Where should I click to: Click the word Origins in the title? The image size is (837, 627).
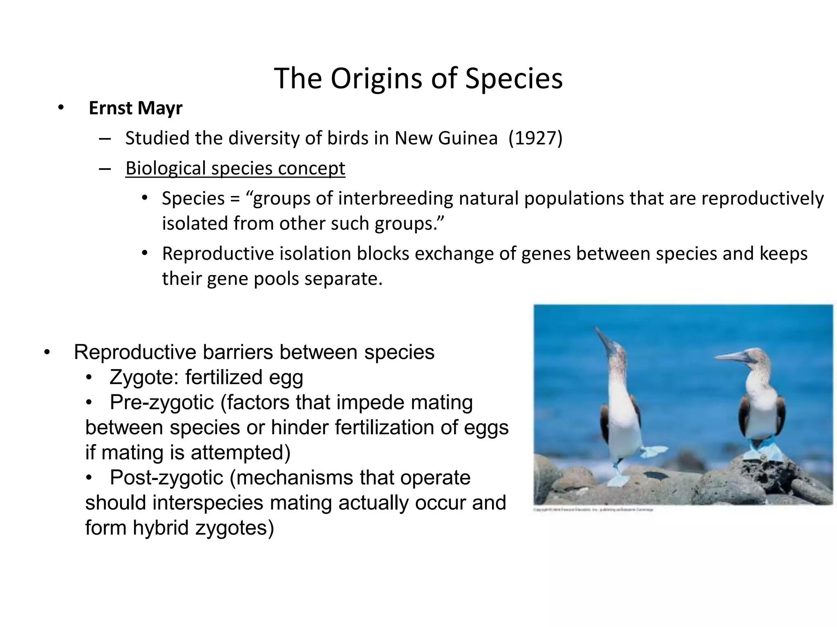pyautogui.click(x=377, y=79)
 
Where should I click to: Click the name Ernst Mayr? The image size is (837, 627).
pyautogui.click(x=135, y=108)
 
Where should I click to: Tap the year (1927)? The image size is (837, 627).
pyautogui.click(x=535, y=138)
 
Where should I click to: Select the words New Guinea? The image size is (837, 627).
pyautogui.click(x=446, y=138)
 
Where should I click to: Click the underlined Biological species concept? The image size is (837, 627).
pyautogui.click(x=235, y=168)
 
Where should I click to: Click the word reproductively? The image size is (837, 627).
pyautogui.click(x=763, y=198)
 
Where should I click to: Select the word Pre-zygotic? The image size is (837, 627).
pyautogui.click(x=162, y=402)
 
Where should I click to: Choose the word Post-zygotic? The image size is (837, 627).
pyautogui.click(x=166, y=478)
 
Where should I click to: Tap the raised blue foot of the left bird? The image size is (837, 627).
pyautogui.click(x=654, y=451)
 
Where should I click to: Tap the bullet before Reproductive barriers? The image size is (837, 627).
pyautogui.click(x=47, y=352)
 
